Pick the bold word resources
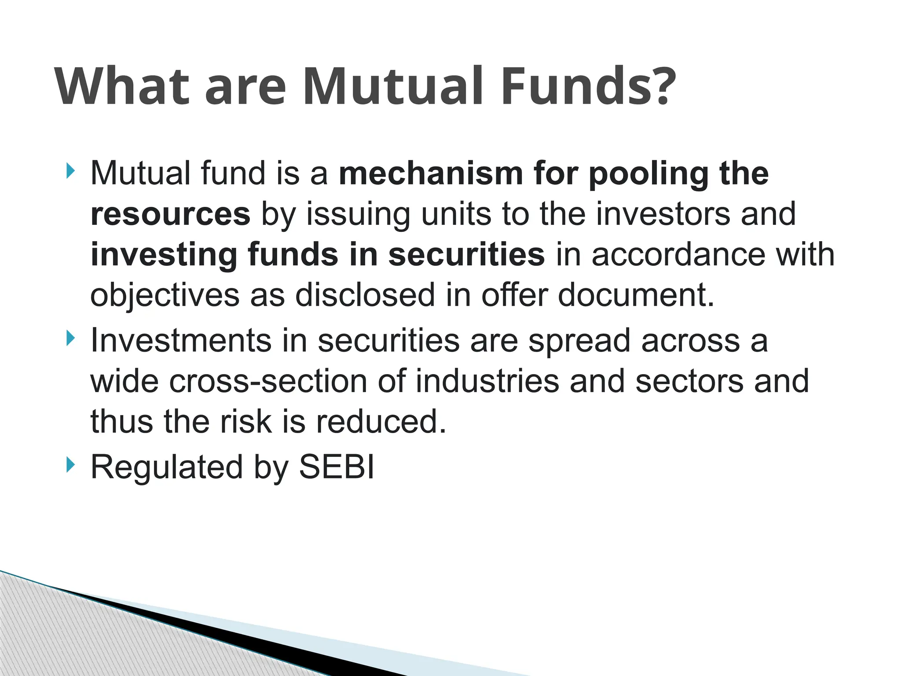(x=170, y=215)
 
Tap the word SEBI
(x=337, y=467)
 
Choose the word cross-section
(x=268, y=381)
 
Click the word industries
(x=487, y=381)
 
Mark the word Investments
(x=181, y=341)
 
